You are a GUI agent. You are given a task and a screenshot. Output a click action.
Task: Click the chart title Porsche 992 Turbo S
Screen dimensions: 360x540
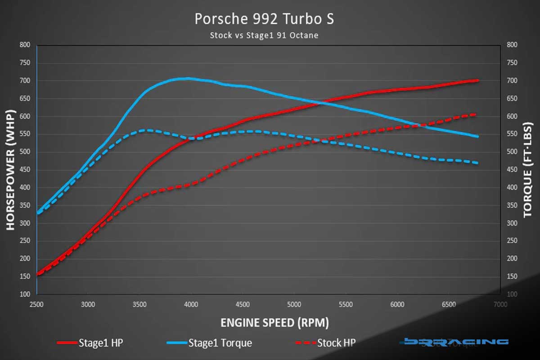(x=264, y=19)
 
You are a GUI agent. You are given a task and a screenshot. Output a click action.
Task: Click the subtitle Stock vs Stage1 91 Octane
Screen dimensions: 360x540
(x=264, y=35)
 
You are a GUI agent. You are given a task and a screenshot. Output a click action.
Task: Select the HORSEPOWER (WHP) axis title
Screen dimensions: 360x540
(x=12, y=170)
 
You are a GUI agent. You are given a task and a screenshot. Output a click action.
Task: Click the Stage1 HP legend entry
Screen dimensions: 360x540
(x=90, y=343)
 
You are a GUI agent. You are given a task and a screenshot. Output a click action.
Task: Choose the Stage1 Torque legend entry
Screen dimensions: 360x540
(x=209, y=343)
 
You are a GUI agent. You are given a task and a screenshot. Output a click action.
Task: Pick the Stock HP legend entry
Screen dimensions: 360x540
(x=325, y=343)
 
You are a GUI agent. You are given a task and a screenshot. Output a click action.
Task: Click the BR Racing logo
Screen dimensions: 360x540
(x=456, y=342)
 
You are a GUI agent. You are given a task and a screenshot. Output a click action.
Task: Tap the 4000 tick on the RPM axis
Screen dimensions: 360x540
(x=191, y=305)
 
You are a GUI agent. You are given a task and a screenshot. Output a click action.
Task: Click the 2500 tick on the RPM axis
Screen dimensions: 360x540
(x=36, y=305)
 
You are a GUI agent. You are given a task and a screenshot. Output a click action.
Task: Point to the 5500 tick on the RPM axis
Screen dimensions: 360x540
(x=346, y=305)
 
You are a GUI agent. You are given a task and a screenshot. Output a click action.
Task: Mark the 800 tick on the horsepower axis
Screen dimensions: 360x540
(x=25, y=45)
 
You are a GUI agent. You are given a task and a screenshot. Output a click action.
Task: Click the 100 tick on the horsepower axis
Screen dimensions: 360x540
(x=25, y=294)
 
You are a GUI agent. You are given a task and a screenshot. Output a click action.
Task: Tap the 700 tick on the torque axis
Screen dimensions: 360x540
(x=513, y=81)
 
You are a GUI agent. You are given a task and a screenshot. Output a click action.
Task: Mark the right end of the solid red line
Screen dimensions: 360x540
(x=477, y=81)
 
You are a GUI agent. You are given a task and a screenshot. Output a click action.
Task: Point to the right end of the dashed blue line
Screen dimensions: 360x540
(x=477, y=163)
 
